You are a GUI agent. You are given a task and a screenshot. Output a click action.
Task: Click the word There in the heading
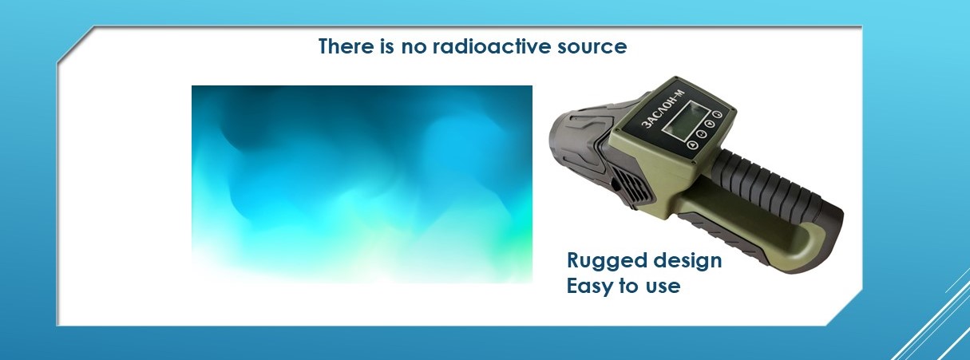point(346,46)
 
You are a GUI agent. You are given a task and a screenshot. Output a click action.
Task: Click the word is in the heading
point(386,46)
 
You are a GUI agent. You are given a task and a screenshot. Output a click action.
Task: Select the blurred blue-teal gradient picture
point(362,184)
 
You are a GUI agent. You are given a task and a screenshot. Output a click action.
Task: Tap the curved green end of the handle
point(810,247)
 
